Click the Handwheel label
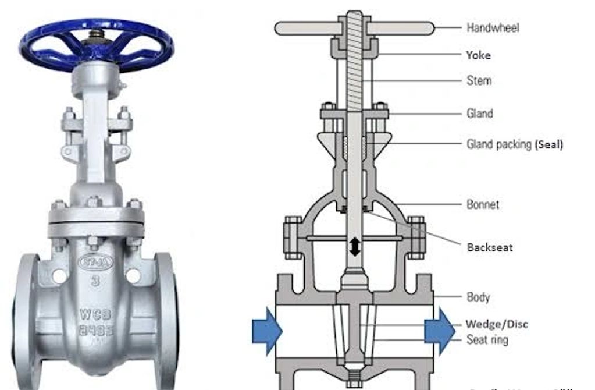pos(493,27)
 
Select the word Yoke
pos(478,55)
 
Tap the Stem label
pos(479,80)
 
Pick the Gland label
pos(480,114)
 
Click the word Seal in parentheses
pos(548,144)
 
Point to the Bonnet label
pos(483,204)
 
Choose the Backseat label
pos(490,247)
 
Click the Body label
pos(478,297)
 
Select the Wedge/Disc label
pos(497,324)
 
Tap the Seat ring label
pos(487,339)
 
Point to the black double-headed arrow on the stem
pos(354,246)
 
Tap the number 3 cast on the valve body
pos(94,282)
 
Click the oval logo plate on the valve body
pos(94,262)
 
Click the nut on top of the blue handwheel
pos(94,35)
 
